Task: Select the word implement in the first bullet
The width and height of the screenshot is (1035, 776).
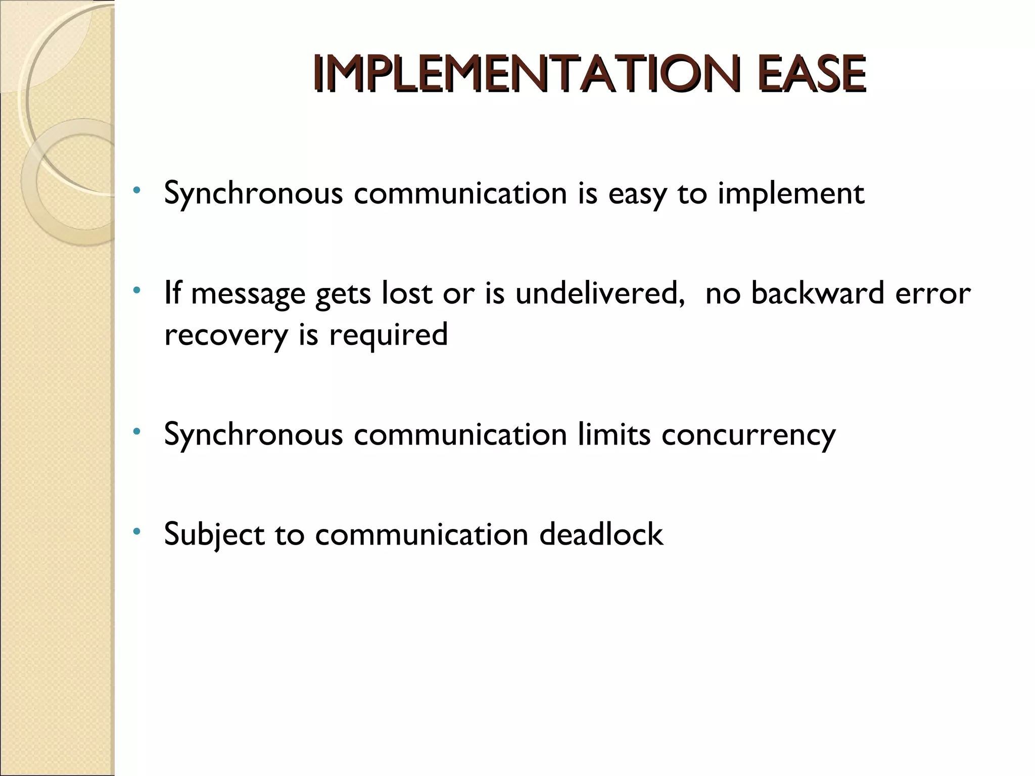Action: click(791, 194)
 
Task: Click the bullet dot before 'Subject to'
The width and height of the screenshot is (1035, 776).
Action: click(136, 531)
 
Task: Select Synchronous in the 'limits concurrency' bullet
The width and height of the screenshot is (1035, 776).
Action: click(254, 434)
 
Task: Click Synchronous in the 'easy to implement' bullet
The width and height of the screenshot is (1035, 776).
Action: click(254, 194)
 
